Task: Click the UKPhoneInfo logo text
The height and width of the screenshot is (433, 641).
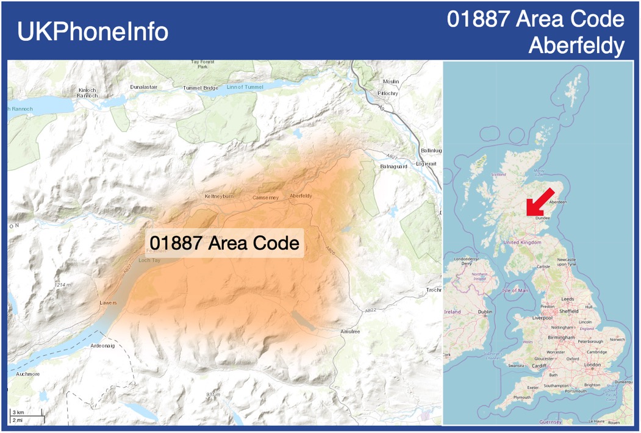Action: tap(93, 32)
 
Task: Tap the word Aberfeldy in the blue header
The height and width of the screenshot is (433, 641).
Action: tap(576, 45)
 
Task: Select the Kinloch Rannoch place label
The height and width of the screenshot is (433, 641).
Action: tap(88, 93)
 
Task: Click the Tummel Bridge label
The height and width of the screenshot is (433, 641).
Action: tap(200, 88)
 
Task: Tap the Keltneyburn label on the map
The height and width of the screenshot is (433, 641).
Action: tap(218, 196)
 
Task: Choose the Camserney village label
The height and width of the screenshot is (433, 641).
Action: tap(265, 198)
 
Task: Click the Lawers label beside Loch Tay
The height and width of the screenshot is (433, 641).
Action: tap(108, 302)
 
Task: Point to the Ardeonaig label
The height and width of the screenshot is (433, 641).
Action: tap(102, 345)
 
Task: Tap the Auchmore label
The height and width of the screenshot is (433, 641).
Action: tap(28, 374)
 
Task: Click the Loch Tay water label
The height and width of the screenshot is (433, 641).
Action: tap(149, 260)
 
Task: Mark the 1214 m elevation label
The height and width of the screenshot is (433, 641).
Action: tap(63, 285)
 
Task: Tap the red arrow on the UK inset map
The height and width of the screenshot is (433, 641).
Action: tap(539, 202)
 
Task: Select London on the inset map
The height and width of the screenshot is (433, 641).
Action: tap(592, 365)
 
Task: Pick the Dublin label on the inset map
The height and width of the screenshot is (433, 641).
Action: tap(485, 312)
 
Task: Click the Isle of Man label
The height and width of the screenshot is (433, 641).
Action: tap(515, 290)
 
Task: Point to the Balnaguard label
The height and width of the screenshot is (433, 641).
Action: tap(393, 166)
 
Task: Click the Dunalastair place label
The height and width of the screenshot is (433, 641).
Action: tap(144, 87)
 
